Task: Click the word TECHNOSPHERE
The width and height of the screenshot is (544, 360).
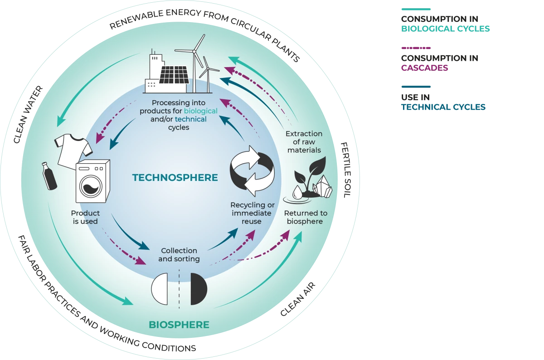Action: point(175,177)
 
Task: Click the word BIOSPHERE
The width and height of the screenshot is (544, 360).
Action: point(179,325)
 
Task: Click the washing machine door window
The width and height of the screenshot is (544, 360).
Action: point(91,186)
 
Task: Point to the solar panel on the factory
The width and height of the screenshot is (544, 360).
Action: point(174,76)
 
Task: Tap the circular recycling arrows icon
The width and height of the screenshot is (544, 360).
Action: point(252,171)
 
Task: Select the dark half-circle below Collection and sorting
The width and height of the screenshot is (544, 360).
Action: point(198,289)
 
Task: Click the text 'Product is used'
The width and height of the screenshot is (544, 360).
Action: point(85,217)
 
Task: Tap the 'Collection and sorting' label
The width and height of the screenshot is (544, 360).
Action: point(179,254)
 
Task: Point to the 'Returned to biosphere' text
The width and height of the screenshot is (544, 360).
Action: point(306,217)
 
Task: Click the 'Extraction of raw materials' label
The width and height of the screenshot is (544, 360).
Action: point(304,142)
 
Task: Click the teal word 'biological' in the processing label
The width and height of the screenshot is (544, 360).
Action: point(200,111)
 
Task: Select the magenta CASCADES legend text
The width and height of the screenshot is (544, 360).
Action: point(424,68)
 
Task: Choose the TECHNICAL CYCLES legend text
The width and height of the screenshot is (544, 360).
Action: point(442,107)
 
